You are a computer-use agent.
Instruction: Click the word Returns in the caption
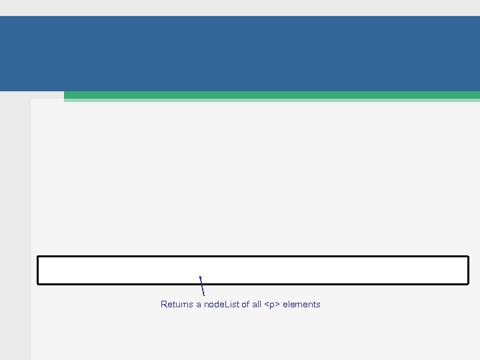[177, 305]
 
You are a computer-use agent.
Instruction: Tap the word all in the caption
[257, 305]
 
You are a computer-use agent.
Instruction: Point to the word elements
[301, 305]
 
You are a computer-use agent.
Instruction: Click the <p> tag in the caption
[272, 305]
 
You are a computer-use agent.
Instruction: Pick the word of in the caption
[245, 305]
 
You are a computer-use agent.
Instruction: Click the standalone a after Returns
[198, 305]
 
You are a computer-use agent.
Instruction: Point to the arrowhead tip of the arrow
[200, 276]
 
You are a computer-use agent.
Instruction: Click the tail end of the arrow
[203, 295]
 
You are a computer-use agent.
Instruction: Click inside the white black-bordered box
[253, 270]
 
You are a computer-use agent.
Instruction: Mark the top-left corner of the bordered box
[38, 257]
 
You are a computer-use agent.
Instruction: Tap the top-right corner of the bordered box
[468, 257]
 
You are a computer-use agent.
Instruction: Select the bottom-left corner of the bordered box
[38, 283]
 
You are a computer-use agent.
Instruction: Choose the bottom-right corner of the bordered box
[468, 283]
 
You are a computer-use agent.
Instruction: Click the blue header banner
[240, 53]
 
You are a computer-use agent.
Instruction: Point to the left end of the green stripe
[65, 96]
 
